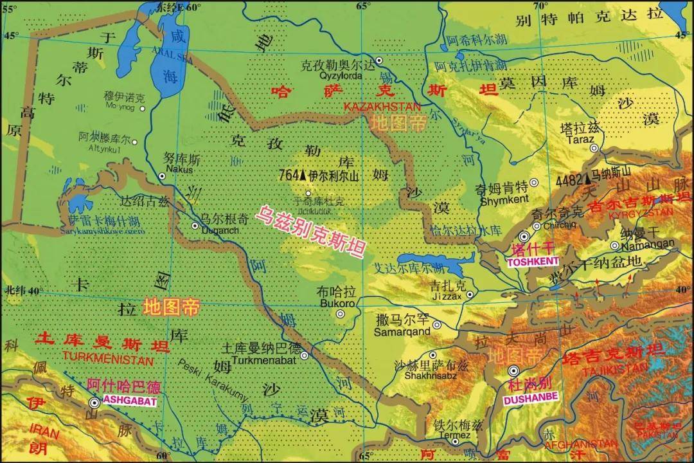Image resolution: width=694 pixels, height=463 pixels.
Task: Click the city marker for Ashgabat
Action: point(94,403)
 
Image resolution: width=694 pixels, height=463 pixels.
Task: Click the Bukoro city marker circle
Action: point(341,314)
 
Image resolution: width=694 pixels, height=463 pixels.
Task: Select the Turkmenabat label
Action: point(260,359)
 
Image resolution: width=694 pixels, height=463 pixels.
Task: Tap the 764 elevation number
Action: point(289,175)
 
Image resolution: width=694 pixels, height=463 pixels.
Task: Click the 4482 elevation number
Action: point(568,180)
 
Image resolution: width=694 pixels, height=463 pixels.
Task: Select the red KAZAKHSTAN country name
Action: point(382,105)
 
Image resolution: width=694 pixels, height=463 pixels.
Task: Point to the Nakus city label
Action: point(161,169)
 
